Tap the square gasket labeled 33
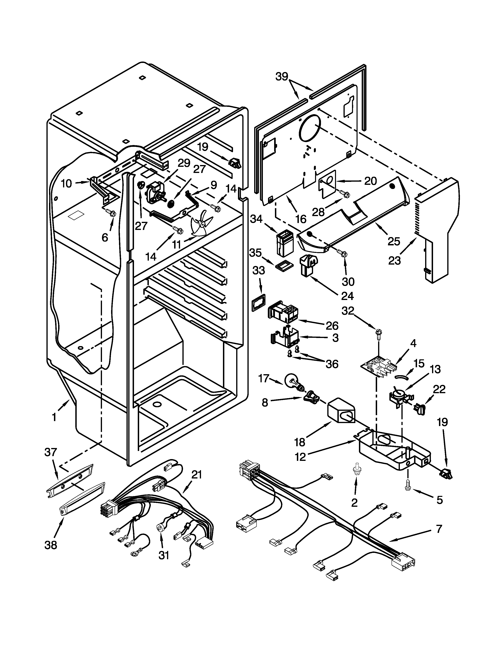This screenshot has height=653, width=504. [x=259, y=303]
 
